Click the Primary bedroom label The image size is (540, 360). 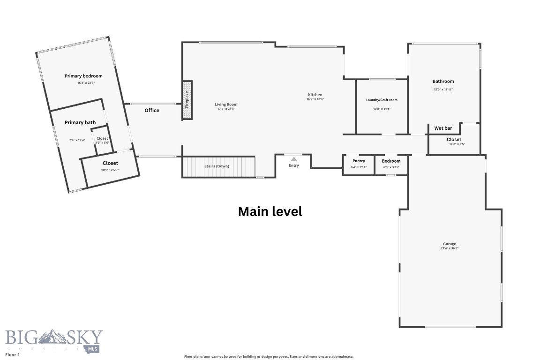click(x=83, y=76)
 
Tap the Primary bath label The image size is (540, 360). click(x=80, y=123)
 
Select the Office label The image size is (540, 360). click(x=152, y=111)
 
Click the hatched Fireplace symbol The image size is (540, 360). click(x=187, y=100)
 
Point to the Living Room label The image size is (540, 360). click(x=226, y=105)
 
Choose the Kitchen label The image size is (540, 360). click(x=315, y=95)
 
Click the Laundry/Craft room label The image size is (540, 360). click(x=382, y=100)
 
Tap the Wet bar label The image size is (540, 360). click(x=443, y=128)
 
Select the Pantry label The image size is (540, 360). click(x=359, y=161)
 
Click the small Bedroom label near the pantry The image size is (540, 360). click(x=391, y=161)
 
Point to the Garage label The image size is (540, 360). click(x=450, y=244)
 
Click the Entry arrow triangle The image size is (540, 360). click(x=294, y=159)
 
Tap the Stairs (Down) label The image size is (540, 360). click(x=217, y=166)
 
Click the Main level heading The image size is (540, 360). click(x=270, y=211)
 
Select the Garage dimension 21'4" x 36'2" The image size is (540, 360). click(x=450, y=248)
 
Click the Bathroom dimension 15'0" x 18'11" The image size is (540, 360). click(x=443, y=89)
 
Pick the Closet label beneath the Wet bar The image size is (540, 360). click(x=454, y=139)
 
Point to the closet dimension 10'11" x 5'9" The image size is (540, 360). click(x=110, y=170)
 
